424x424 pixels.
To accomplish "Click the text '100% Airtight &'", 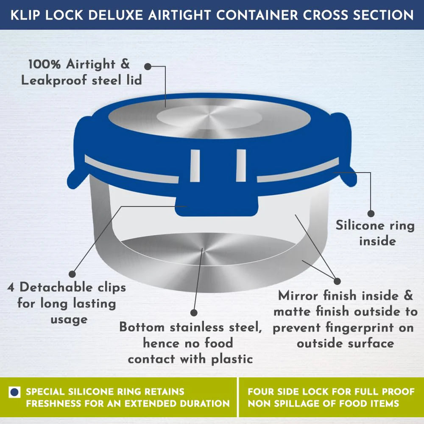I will [x=79, y=65].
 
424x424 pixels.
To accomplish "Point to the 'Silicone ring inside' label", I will [x=375, y=233].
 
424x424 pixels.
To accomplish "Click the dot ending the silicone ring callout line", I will [x=371, y=214].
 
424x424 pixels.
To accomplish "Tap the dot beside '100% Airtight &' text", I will [x=148, y=66].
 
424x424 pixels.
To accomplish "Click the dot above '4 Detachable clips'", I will [x=72, y=274].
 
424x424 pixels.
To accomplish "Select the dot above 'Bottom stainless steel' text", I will [x=194, y=312].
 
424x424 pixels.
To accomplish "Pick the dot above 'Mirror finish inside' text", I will [x=337, y=281].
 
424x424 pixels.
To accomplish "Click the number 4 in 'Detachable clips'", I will [x=11, y=287].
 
